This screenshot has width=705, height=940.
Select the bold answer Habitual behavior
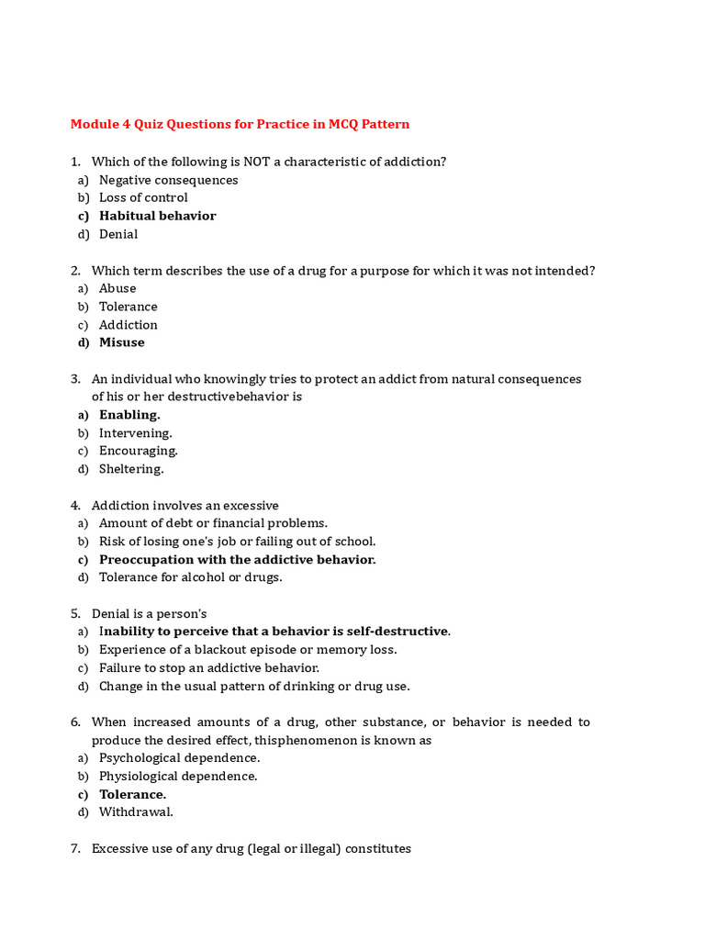[x=157, y=216]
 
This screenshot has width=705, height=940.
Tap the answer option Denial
[x=118, y=234]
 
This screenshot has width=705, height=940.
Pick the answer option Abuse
[x=117, y=288]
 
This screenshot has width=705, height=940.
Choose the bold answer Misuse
[x=122, y=342]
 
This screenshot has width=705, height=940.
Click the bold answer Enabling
[x=129, y=415]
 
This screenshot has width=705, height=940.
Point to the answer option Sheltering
[x=131, y=469]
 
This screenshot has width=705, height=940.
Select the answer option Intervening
[x=135, y=432]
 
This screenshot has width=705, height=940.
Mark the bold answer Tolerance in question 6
[x=132, y=794]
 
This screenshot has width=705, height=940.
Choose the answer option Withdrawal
[x=136, y=812]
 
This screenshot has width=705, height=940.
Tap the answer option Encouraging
[x=139, y=451]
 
